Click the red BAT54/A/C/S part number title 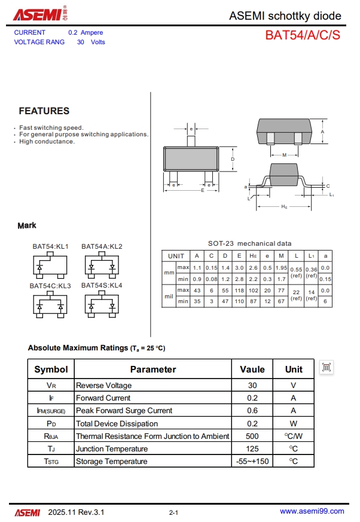303,35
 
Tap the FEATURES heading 44,111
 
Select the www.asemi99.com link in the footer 312,511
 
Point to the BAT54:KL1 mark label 51,246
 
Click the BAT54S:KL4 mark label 102,285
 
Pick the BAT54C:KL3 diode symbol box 50,306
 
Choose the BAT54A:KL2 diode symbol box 102,266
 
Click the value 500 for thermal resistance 252,436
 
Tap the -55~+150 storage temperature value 252,462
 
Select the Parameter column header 153,370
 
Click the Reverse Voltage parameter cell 103,386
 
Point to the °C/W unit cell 294,436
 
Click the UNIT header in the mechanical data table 176,256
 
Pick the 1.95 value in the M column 281,267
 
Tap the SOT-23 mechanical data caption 250,243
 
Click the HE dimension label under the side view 285,206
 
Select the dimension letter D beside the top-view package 232,159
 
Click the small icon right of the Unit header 327,368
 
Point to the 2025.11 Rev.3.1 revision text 76,512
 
